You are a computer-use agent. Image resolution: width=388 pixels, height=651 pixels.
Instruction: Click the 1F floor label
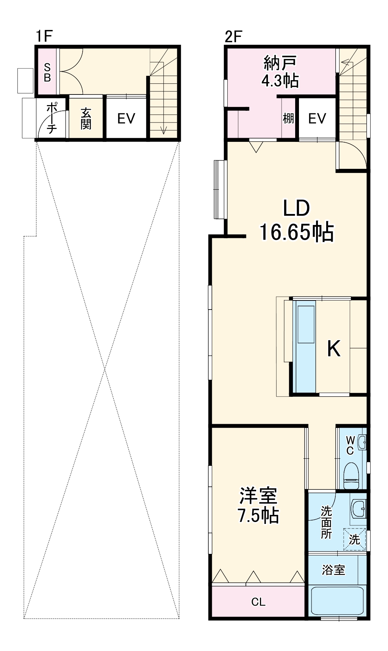44,36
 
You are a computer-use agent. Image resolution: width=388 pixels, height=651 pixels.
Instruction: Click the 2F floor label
233,36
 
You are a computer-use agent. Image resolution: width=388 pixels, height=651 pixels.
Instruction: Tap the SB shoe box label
47,72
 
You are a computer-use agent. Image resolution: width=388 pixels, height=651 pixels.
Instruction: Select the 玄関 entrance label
86,118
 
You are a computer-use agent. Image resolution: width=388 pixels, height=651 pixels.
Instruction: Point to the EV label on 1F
126,119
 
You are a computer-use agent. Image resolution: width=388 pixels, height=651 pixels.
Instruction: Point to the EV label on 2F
317,119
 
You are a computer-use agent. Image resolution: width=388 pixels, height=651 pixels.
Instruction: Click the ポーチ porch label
52,118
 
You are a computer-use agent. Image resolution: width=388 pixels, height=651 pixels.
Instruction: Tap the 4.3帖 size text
280,80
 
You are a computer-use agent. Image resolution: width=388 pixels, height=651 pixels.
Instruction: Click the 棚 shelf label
288,119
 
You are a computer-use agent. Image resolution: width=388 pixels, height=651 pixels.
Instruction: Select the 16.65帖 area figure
296,232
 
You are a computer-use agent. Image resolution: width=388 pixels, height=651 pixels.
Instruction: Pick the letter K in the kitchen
334,349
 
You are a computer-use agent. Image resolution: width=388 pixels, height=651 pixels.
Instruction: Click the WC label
350,445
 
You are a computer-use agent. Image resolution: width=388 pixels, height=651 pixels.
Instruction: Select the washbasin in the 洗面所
358,508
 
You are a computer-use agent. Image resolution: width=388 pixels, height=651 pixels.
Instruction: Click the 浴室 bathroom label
333,570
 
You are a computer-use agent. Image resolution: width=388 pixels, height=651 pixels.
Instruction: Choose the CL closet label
258,602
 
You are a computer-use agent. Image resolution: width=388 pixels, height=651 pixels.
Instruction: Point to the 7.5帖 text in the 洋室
258,516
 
